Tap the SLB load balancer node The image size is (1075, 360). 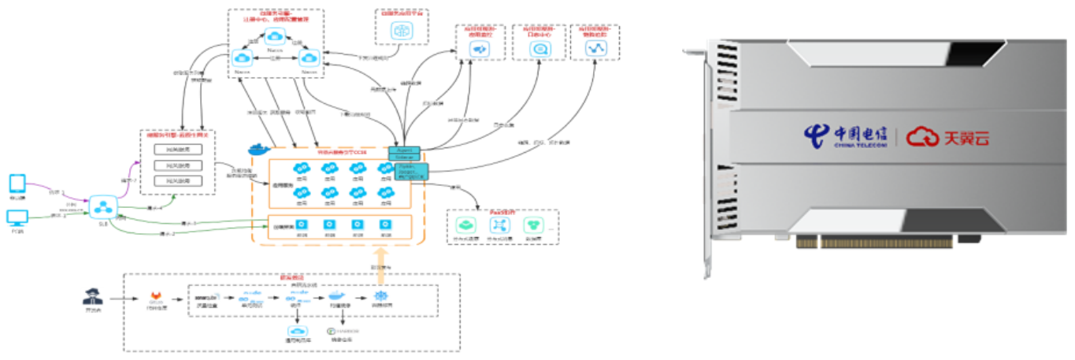click(x=104, y=207)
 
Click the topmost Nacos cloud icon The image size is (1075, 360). click(x=274, y=36)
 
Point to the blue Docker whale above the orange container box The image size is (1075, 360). click(x=258, y=150)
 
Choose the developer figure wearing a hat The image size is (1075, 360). click(x=91, y=298)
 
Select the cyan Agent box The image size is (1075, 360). click(x=405, y=149)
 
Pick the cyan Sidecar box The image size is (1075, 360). click(x=405, y=158)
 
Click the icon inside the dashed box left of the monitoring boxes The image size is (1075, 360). click(x=402, y=32)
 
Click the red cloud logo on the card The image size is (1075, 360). click(x=921, y=138)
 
